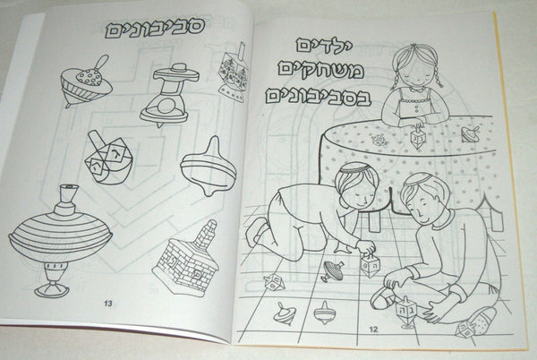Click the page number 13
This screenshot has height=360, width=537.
[x=108, y=304]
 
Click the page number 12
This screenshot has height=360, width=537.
[x=373, y=330]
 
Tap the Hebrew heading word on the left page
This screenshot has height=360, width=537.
[x=155, y=28]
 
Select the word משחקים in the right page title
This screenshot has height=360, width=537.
[x=320, y=71]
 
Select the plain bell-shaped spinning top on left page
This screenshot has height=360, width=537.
[x=209, y=167]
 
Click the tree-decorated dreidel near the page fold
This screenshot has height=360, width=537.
[x=234, y=73]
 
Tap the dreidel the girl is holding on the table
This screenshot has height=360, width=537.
[x=417, y=137]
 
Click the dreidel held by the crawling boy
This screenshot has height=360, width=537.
[x=369, y=265]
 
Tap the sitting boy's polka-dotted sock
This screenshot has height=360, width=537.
[x=482, y=318]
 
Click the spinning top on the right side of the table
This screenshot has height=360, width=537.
[x=469, y=134]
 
